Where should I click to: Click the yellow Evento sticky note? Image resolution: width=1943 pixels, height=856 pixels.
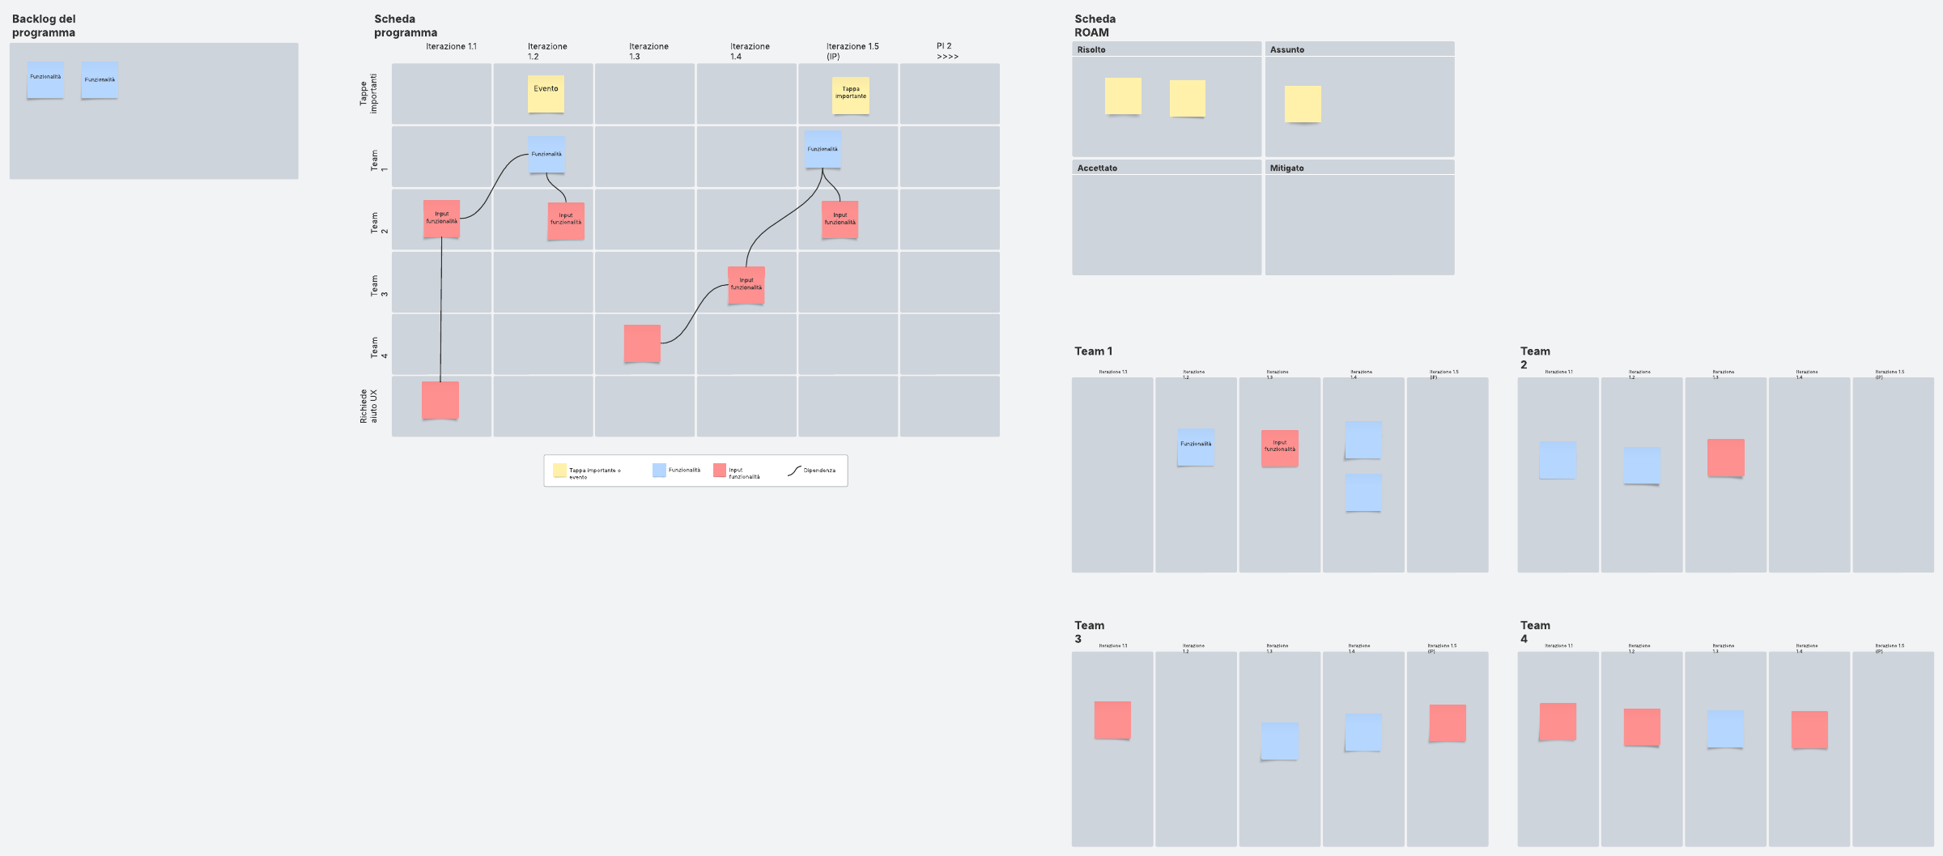tap(546, 94)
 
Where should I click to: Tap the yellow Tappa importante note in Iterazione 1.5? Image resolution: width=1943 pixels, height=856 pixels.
tap(850, 95)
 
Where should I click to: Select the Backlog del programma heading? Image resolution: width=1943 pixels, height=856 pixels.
tap(44, 26)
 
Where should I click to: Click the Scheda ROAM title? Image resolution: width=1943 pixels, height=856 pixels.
tap(1095, 26)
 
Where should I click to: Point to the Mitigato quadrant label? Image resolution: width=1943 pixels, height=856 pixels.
tap(1286, 168)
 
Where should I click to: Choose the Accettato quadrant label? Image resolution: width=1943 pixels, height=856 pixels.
tap(1097, 168)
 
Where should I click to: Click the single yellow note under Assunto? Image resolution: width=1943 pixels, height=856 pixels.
tap(1303, 104)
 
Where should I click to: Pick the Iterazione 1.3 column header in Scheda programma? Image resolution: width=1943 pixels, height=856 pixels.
tap(648, 51)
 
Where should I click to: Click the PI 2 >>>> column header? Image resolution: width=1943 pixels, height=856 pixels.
tap(946, 51)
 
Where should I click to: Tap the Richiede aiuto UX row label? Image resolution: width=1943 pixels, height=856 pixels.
tap(368, 406)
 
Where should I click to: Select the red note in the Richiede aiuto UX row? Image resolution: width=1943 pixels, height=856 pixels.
tap(440, 400)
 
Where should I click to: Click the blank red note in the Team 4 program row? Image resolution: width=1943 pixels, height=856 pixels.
tap(642, 343)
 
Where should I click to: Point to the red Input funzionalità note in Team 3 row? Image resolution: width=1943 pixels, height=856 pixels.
tap(746, 285)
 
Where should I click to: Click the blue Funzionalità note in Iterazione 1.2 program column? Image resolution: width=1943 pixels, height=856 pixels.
tap(546, 154)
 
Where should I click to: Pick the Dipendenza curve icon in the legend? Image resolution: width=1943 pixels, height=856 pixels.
tap(794, 471)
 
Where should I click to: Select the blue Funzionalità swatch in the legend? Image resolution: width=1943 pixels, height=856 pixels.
tap(659, 471)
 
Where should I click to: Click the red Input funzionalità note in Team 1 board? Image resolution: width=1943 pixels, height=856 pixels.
tap(1279, 448)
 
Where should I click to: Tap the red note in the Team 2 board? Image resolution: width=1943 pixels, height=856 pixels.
tap(1725, 458)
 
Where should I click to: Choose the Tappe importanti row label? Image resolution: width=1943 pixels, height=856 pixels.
tap(368, 94)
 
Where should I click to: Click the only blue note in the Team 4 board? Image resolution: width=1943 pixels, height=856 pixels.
tap(1725, 729)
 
